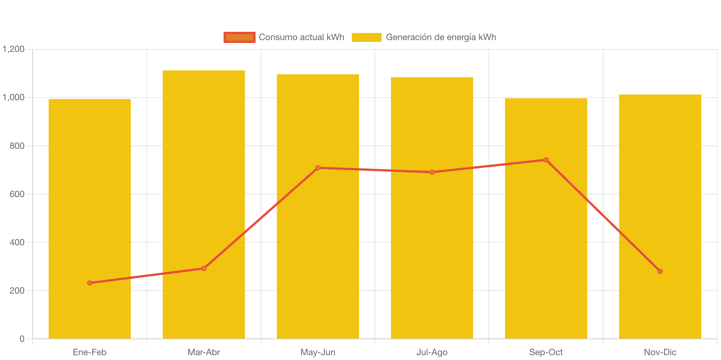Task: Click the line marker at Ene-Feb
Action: [x=90, y=283]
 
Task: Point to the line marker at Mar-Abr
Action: [x=204, y=268]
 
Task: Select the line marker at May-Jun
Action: [x=318, y=168]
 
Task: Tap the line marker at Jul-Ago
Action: [x=432, y=172]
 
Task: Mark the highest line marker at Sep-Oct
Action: [x=546, y=160]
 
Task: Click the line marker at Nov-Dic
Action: [x=660, y=271]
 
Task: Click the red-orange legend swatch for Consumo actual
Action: [x=239, y=37]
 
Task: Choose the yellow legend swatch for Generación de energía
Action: [x=366, y=37]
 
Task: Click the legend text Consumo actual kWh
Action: [x=301, y=37]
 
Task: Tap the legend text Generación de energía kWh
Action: [x=441, y=37]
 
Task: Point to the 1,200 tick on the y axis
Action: [x=14, y=49]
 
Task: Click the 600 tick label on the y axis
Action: [x=17, y=194]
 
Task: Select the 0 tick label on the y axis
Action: [x=22, y=339]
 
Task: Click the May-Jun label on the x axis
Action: [x=318, y=352]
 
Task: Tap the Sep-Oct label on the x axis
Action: [x=546, y=352]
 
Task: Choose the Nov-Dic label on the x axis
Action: [x=660, y=352]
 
